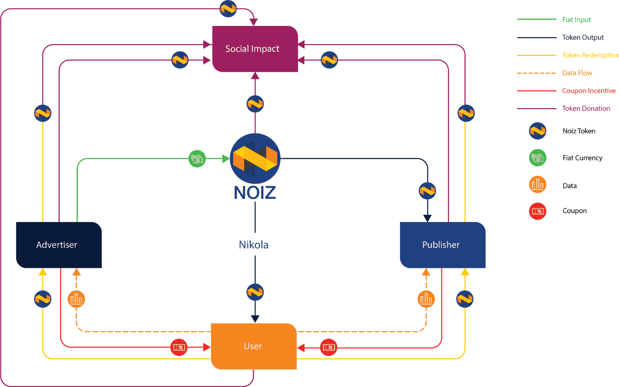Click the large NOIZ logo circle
click(x=255, y=159)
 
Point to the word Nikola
click(x=253, y=245)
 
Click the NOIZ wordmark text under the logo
click(x=255, y=193)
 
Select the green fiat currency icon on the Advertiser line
click(x=197, y=159)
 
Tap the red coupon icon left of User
click(x=179, y=347)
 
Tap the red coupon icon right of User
click(x=328, y=347)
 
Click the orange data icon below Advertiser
click(x=76, y=299)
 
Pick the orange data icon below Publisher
click(x=426, y=299)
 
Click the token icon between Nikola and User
click(x=255, y=292)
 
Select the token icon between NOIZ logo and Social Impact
click(x=255, y=104)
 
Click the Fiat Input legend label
click(x=576, y=20)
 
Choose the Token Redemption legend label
click(x=590, y=55)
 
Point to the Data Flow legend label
click(x=577, y=73)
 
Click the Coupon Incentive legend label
click(x=589, y=91)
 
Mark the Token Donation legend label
click(x=586, y=109)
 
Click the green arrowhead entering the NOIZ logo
click(x=226, y=159)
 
